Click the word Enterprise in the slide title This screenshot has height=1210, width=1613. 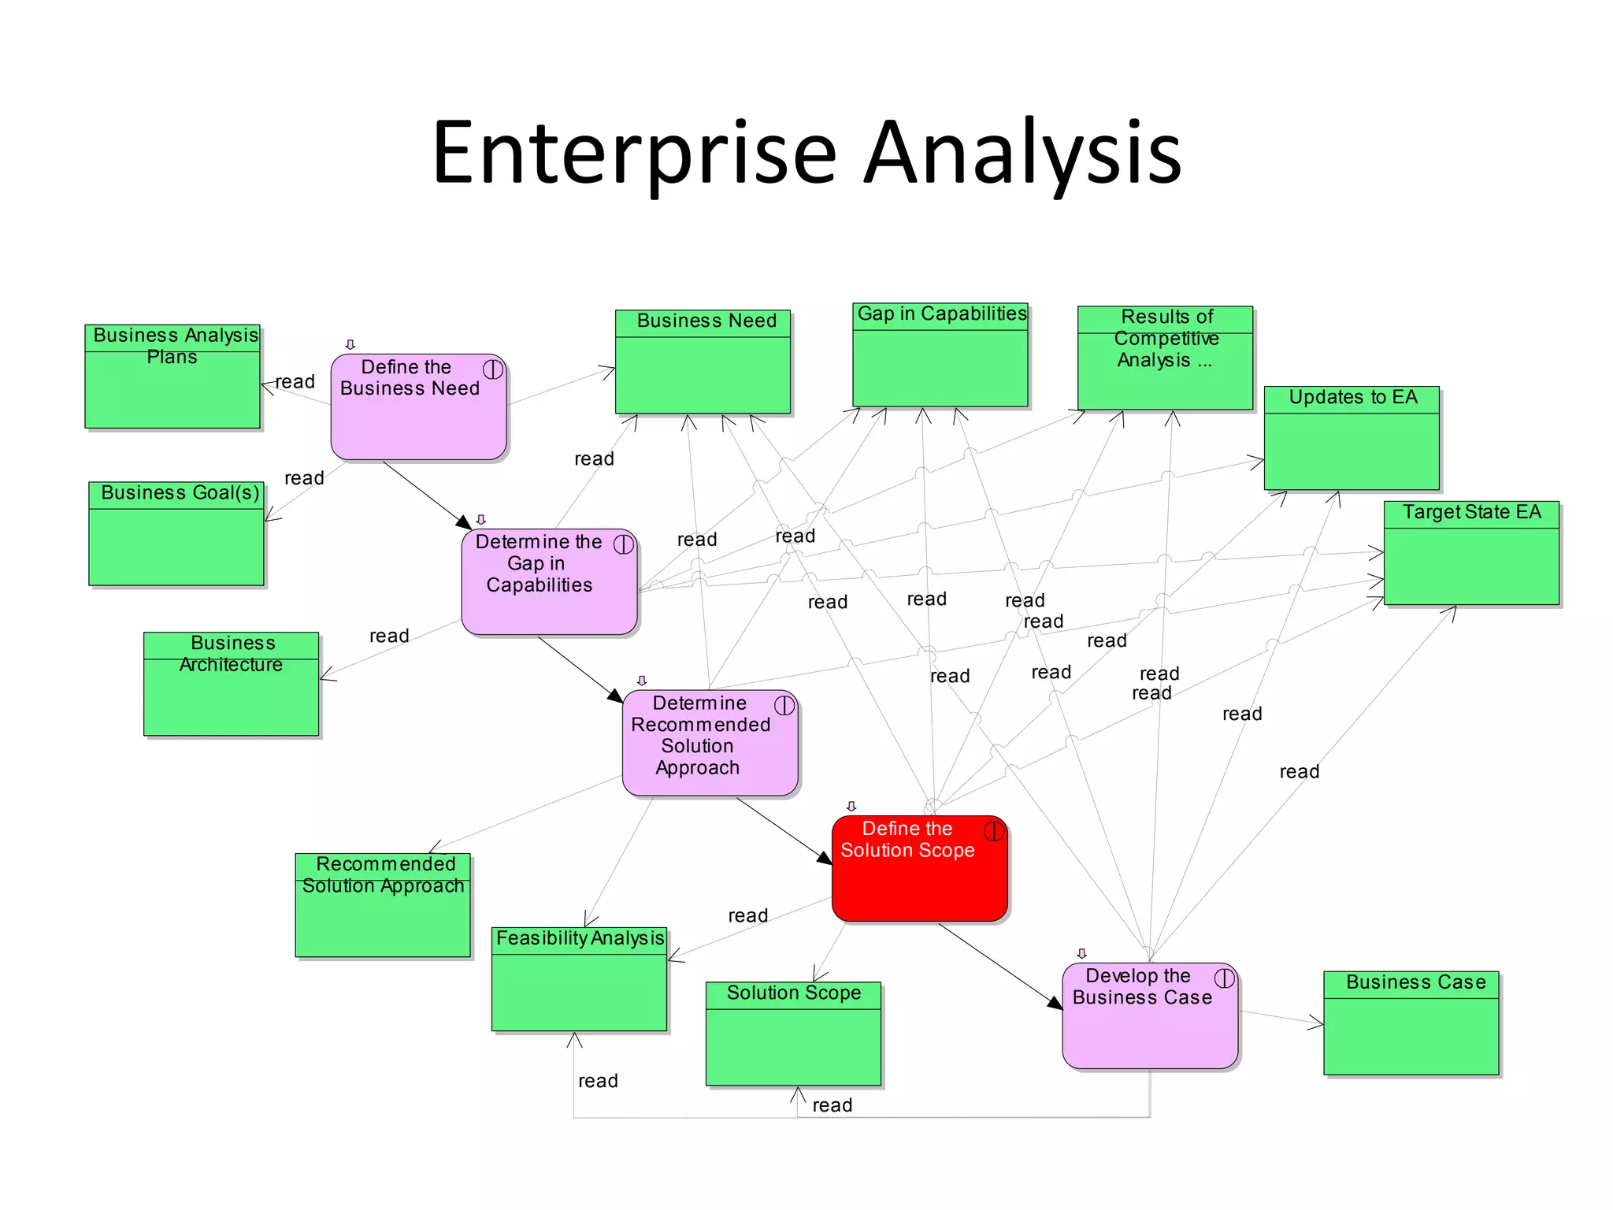634,154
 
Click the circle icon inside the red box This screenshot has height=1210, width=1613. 994,830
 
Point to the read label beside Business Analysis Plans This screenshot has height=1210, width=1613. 295,382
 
